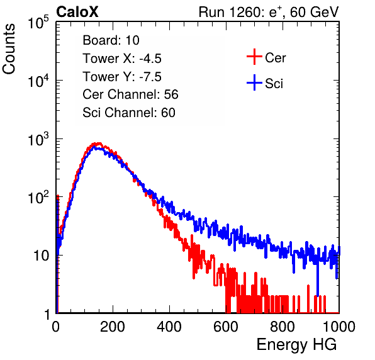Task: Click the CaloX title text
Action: [x=77, y=12]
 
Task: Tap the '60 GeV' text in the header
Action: [x=315, y=12]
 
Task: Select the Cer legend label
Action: [x=275, y=58]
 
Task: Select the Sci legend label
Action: [x=274, y=84]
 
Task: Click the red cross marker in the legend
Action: [x=254, y=57]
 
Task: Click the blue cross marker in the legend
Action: [x=254, y=83]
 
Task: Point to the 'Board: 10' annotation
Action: [x=111, y=40]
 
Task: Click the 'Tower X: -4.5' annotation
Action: [x=122, y=59]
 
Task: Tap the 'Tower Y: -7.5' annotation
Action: [x=122, y=77]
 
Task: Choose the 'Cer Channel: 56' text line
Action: [x=130, y=94]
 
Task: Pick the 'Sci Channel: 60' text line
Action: [x=129, y=113]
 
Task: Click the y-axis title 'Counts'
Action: [x=9, y=49]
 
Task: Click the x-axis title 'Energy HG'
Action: [x=296, y=345]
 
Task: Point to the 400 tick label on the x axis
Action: [x=169, y=327]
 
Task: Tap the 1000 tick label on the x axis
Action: [x=339, y=327]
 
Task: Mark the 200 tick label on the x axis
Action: [x=113, y=327]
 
